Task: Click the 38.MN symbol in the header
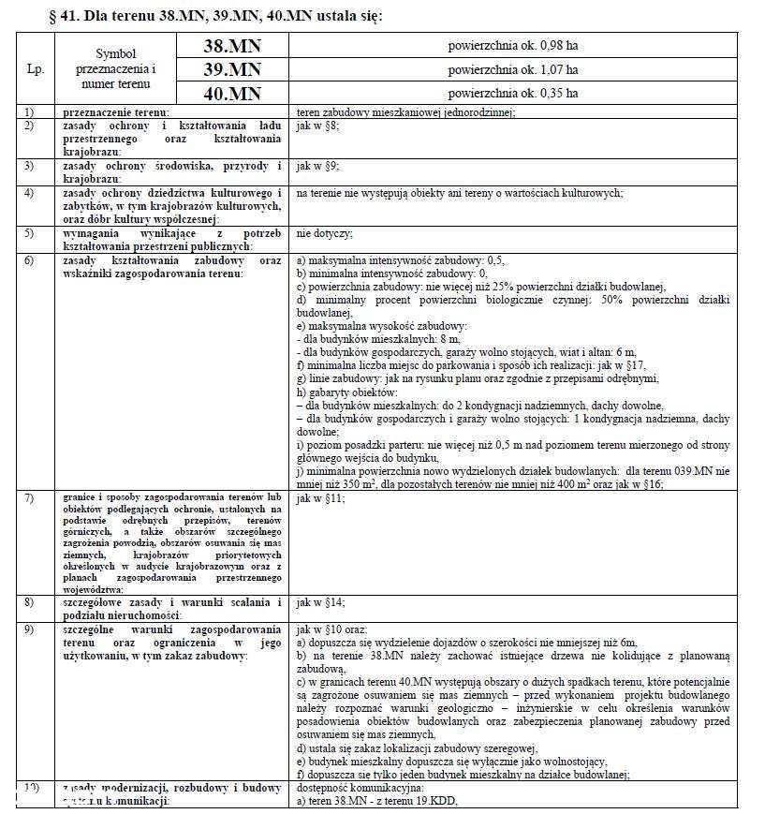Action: pos(232,45)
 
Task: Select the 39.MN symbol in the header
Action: pos(232,69)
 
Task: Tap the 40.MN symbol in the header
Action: pos(232,94)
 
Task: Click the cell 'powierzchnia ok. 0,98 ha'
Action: pos(512,45)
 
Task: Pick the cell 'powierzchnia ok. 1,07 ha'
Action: pos(512,69)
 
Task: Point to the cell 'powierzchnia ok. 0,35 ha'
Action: pos(512,94)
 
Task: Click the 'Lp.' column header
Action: pos(35,69)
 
